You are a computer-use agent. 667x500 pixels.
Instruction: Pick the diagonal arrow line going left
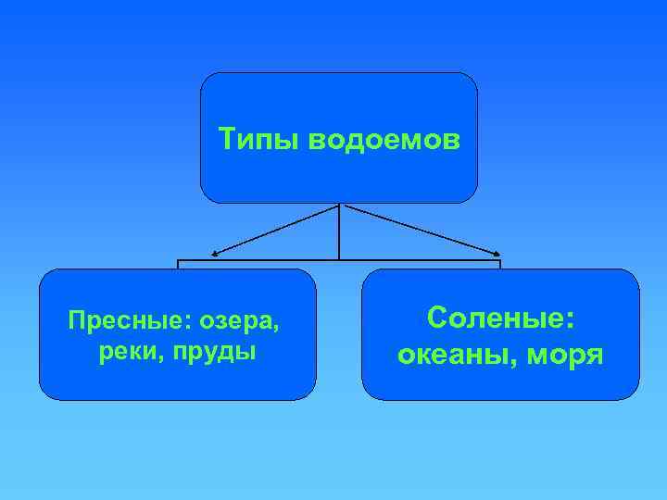(x=278, y=228)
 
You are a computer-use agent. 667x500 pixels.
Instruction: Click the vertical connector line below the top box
(x=340, y=231)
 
